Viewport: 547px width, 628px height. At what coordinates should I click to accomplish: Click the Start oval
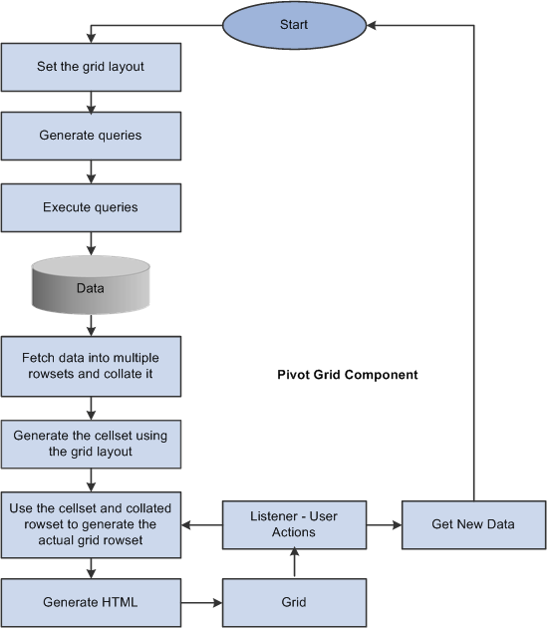(x=294, y=25)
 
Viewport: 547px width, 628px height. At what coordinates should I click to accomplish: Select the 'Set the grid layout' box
(x=91, y=68)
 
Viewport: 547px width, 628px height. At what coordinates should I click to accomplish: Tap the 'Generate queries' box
(x=91, y=137)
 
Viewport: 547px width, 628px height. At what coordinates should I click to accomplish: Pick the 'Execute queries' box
(x=91, y=208)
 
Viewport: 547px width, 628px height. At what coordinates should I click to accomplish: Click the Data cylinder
(x=91, y=285)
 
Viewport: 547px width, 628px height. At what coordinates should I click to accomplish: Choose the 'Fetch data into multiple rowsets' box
(x=91, y=367)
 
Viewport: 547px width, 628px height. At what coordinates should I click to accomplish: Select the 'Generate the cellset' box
(x=91, y=445)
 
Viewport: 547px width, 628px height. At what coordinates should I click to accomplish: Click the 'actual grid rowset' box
(x=91, y=525)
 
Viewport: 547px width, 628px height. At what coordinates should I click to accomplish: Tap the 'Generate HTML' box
(x=91, y=602)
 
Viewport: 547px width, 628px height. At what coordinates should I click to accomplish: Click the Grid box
(x=294, y=602)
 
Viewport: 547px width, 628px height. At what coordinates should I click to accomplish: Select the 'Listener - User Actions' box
(x=294, y=524)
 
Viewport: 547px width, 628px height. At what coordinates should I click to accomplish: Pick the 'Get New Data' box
(x=473, y=524)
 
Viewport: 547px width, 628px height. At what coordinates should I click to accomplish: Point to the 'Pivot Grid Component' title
(x=348, y=375)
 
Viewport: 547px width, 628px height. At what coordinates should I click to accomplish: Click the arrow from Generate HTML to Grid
(x=202, y=602)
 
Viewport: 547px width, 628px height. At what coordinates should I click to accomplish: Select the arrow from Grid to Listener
(x=294, y=563)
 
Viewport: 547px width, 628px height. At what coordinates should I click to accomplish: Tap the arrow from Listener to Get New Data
(x=384, y=524)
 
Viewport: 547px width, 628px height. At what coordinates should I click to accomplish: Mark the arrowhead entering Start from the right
(x=372, y=25)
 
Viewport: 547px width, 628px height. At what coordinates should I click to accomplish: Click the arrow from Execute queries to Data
(x=91, y=243)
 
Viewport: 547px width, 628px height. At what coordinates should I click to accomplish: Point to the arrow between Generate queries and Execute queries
(x=91, y=171)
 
